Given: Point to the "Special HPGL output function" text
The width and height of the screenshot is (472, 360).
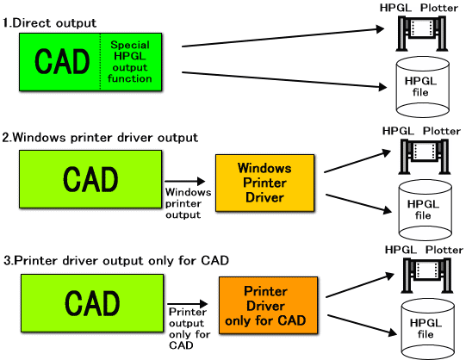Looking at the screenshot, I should [x=131, y=60].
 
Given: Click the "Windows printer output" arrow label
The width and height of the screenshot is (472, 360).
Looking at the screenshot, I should [x=184, y=202].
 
